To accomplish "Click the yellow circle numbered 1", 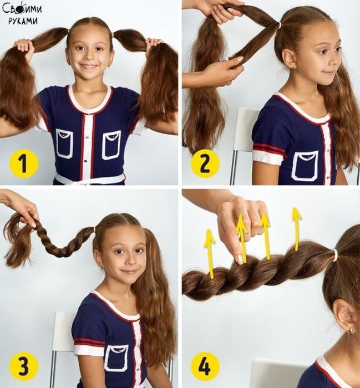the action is click(24, 164).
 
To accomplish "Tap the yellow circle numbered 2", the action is click(205, 164).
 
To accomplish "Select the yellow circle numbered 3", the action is click(24, 366).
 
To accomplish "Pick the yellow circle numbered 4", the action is click(205, 366).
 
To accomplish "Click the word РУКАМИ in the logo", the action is click(23, 21).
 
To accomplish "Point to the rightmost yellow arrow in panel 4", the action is click(296, 229).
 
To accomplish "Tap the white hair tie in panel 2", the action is click(279, 24).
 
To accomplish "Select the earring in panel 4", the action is click(352, 330).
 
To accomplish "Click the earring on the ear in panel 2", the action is click(293, 67).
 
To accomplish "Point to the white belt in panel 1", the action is click(90, 179).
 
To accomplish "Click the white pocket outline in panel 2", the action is click(305, 165).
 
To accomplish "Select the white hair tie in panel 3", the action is click(95, 231).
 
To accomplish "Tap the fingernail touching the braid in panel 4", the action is click(240, 259).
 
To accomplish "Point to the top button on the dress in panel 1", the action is click(87, 115).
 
